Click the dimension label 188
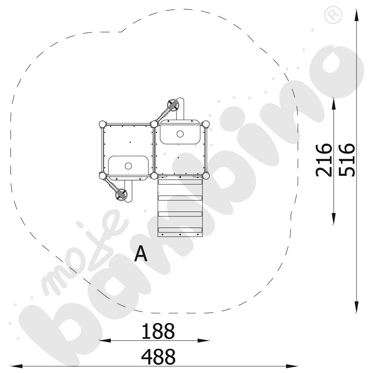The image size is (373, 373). (158, 331)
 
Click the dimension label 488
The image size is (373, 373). (158, 357)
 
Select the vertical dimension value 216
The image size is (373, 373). (324, 160)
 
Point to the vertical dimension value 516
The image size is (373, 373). (347, 160)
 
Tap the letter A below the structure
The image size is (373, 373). (141, 254)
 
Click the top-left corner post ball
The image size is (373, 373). (103, 124)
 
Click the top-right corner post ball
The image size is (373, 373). (206, 124)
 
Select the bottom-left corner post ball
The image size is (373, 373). (103, 176)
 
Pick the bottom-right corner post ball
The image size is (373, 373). (206, 176)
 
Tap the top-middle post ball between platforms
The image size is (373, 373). (154, 124)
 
